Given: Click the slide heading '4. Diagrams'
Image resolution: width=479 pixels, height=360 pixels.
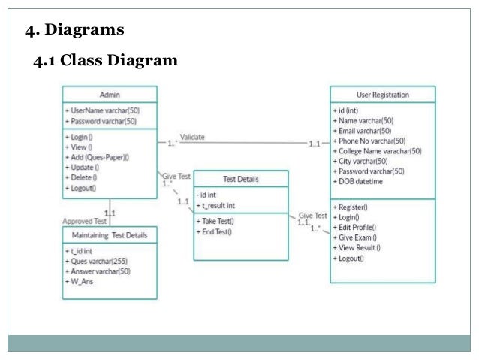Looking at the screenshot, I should (x=74, y=31).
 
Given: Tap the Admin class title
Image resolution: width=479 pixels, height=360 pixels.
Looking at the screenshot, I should (x=110, y=95).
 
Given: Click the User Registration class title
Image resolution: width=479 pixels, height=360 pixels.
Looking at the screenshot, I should (x=382, y=95).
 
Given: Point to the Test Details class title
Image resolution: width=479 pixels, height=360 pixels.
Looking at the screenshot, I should (x=241, y=179).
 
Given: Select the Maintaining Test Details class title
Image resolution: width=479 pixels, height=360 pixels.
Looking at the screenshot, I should (x=110, y=235).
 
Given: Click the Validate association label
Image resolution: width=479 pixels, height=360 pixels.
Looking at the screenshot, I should (x=192, y=137).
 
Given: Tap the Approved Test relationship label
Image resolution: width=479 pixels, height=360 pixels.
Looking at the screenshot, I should (x=86, y=221).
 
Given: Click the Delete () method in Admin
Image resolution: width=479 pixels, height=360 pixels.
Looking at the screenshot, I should (x=84, y=178).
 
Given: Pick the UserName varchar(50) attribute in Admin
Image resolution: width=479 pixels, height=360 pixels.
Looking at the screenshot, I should (x=104, y=110).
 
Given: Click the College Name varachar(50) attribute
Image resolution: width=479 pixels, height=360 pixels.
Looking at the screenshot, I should (x=379, y=151).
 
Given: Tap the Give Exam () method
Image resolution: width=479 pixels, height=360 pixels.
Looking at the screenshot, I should (x=357, y=237).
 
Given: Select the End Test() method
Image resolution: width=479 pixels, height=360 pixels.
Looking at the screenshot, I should (x=216, y=232).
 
